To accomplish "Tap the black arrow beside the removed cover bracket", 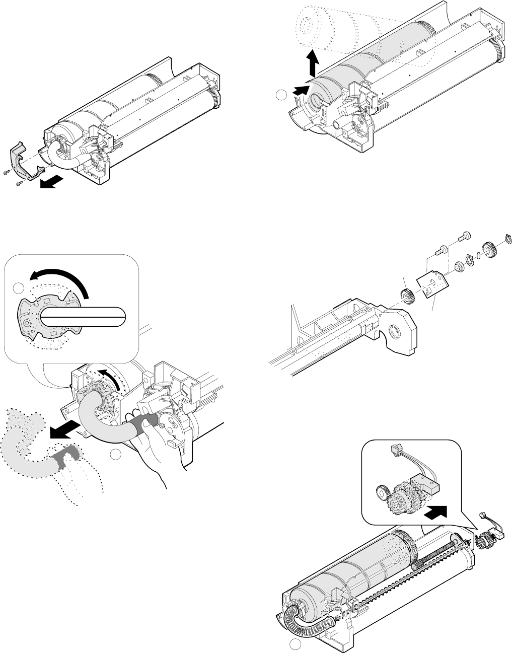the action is point(52,183).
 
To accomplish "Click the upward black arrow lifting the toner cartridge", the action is point(313,63).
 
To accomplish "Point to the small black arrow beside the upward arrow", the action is point(301,90).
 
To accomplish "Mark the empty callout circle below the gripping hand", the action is point(116,454).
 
